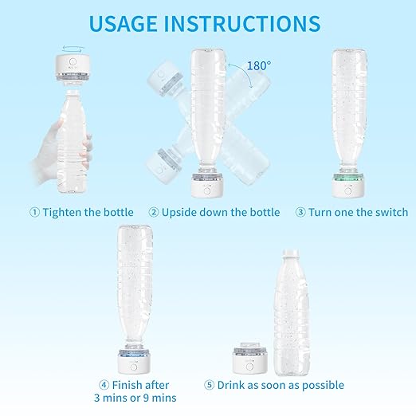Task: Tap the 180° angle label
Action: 258,66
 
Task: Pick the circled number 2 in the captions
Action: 153,212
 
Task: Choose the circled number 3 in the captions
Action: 300,212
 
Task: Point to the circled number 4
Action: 104,385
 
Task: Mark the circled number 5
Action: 210,385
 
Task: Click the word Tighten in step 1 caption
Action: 64,212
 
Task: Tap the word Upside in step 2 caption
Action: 181,212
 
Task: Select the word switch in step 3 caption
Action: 389,212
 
